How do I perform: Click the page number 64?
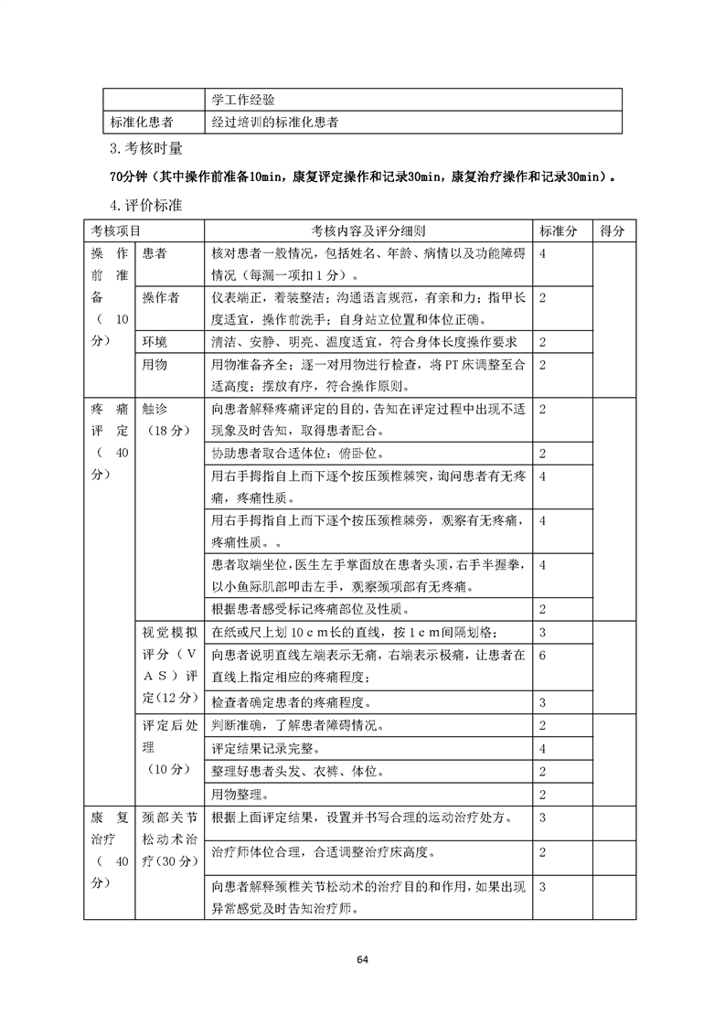pos(363,959)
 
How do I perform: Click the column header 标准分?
pos(559,231)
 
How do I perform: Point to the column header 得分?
pos(612,231)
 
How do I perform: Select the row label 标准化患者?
pos(143,122)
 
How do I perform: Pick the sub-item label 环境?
pos(155,342)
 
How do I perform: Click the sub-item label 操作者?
pos(161,298)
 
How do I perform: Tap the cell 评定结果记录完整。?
pos(265,749)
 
